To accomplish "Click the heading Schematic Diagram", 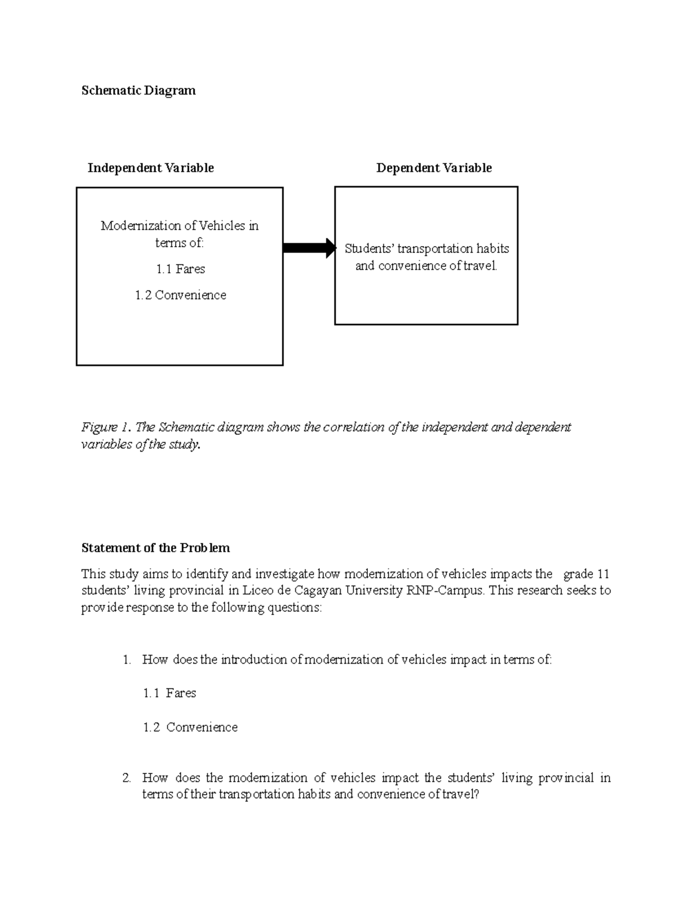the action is [139, 91].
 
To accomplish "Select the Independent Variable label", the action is [151, 168].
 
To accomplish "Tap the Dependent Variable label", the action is [434, 168].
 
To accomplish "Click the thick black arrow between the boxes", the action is [309, 248].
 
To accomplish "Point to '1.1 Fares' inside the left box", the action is [180, 269].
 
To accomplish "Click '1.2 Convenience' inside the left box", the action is [180, 295].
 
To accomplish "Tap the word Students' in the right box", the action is [369, 249].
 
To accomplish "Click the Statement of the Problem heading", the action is [155, 548].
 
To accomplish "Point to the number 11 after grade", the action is [603, 574].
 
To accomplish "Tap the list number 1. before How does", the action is [127, 660].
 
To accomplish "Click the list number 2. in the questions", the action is [127, 778].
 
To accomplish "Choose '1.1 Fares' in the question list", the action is [169, 693].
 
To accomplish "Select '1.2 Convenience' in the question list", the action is [190, 727].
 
